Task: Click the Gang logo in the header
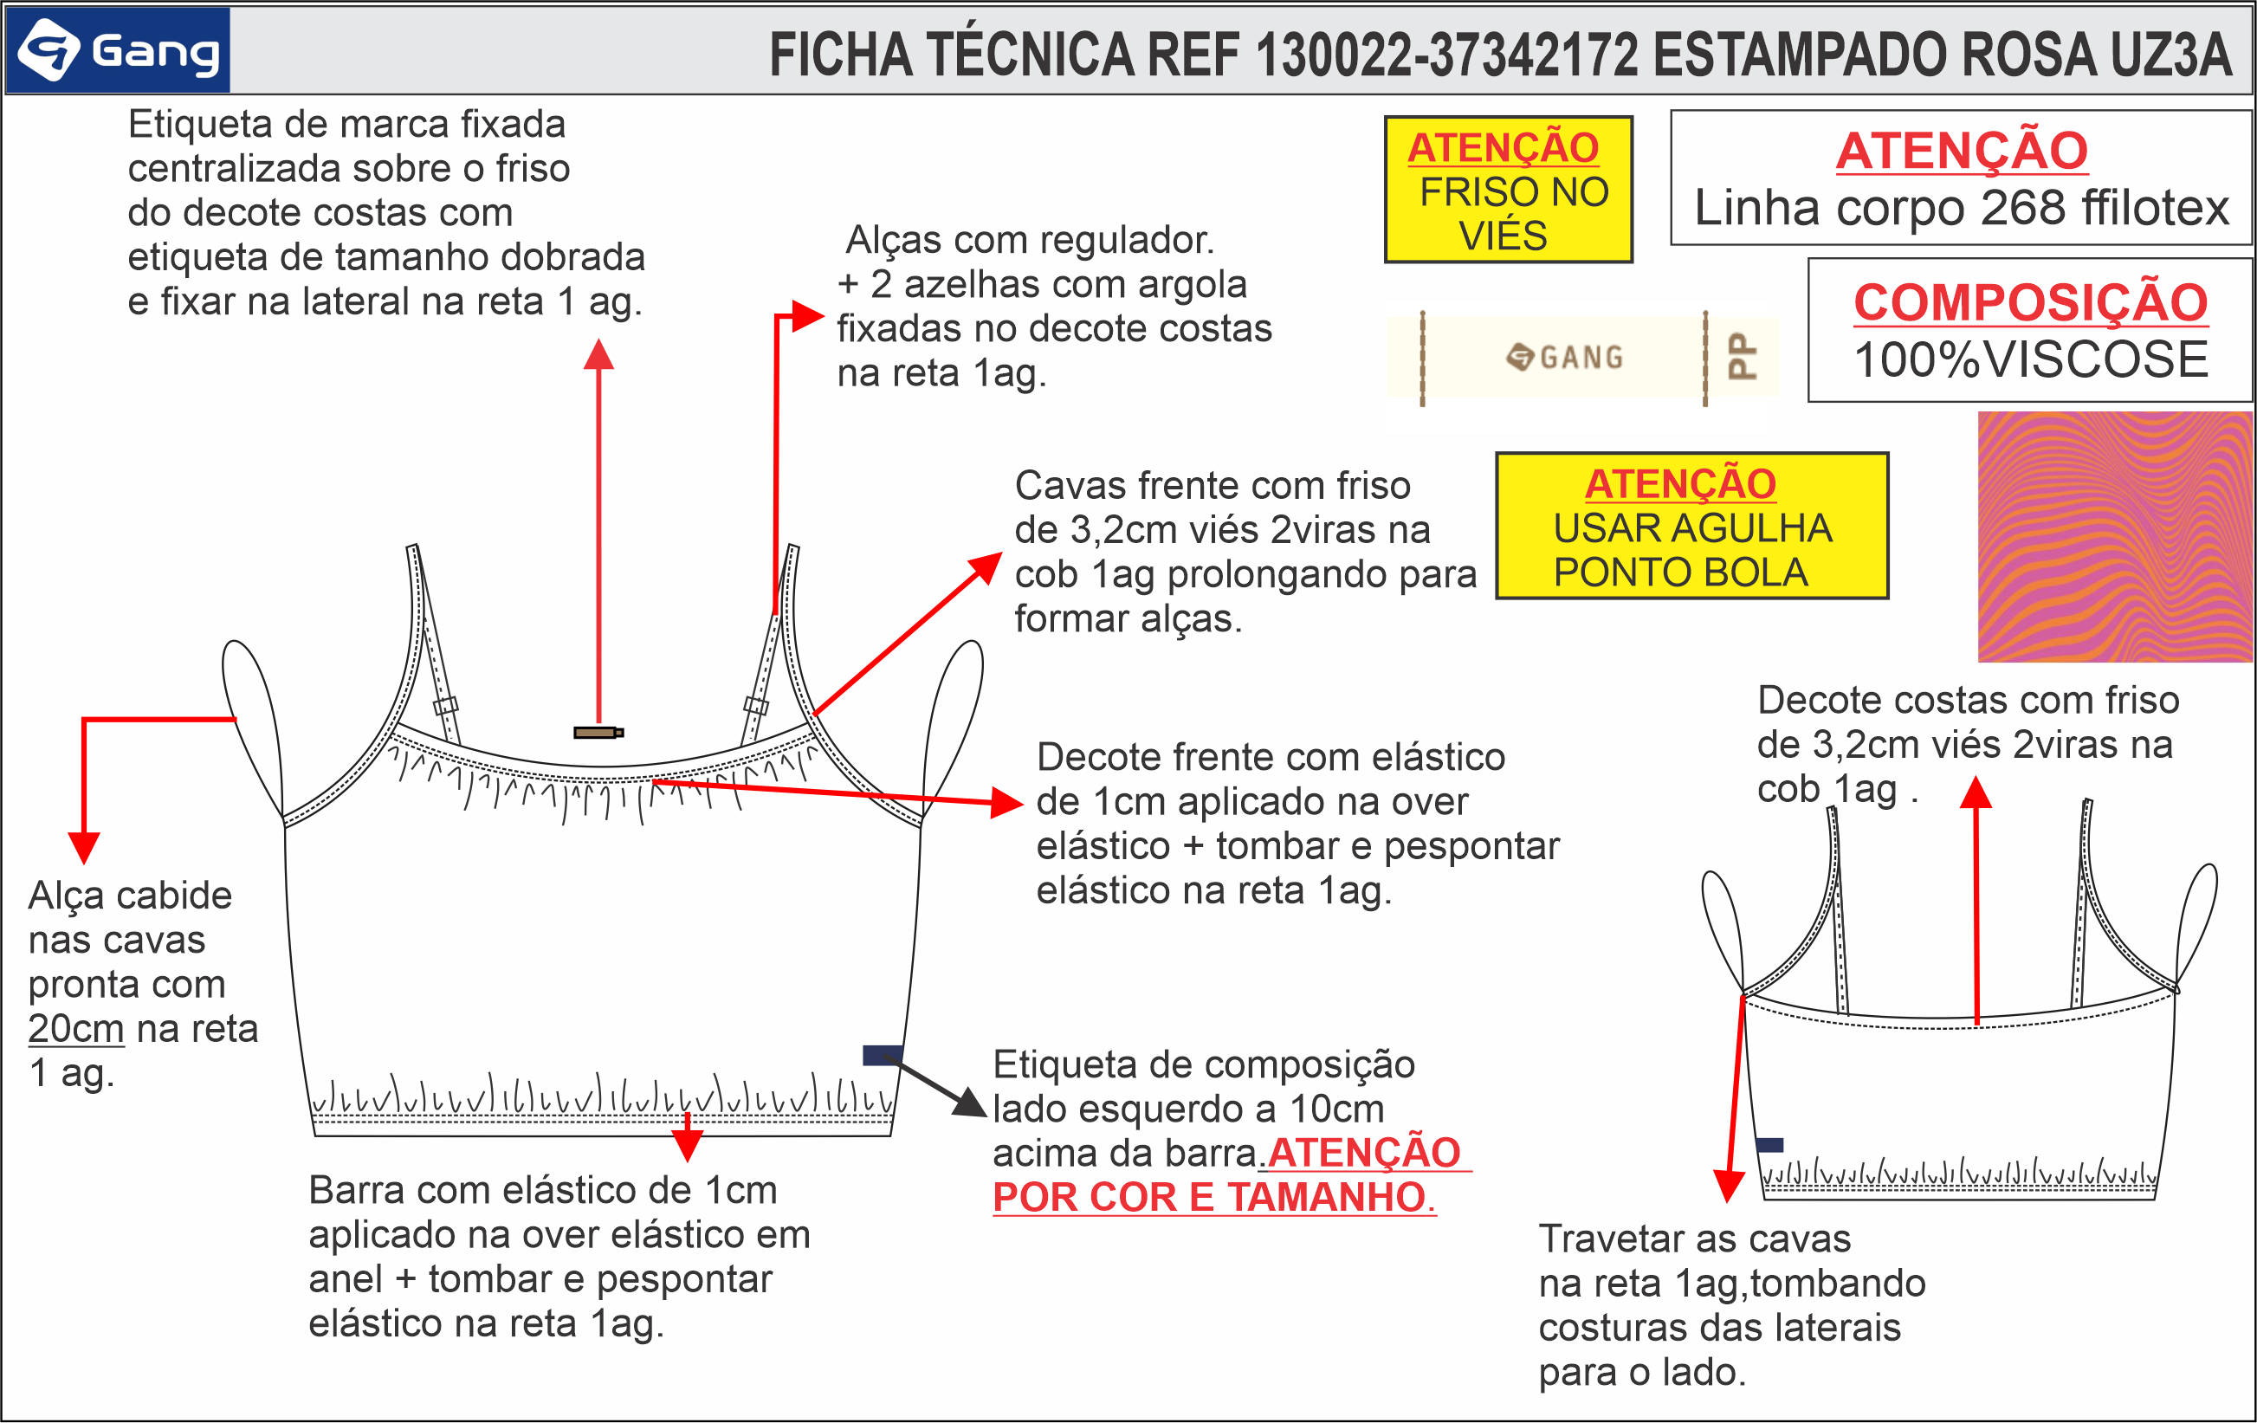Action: pos(118,50)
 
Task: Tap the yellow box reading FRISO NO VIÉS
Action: pos(1508,191)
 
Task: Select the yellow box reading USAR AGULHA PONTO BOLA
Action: pos(1691,526)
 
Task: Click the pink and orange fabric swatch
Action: pos(2116,536)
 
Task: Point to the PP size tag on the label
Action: pos(1742,356)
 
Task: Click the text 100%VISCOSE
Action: pos(2031,360)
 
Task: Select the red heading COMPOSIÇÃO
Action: pos(2031,302)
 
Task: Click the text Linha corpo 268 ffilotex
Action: pos(1961,208)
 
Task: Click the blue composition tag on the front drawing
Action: pos(881,1056)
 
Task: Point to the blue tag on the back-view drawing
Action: pos(1769,1145)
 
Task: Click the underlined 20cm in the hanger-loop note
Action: pos(76,1029)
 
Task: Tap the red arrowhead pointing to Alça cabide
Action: pos(84,846)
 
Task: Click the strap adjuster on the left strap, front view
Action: pos(445,705)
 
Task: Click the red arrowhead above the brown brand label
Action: pos(598,354)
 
